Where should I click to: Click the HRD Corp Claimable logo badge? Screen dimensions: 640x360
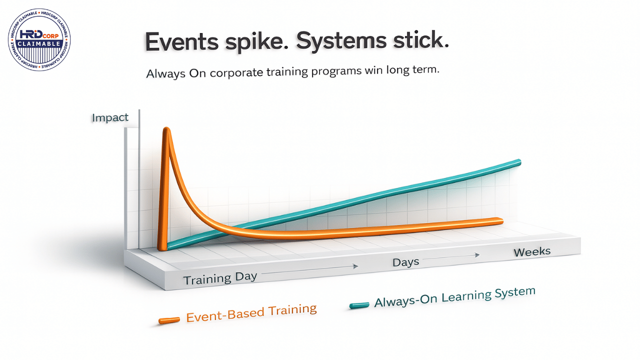pos(39,39)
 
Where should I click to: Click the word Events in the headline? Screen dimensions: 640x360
pos(182,41)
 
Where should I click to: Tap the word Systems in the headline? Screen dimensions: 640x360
pos(341,40)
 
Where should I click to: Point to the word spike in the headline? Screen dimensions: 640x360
pos(256,41)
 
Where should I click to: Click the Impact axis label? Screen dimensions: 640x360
pos(110,117)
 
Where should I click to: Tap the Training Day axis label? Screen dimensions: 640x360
pos(220,278)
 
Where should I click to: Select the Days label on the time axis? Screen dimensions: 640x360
pos(405,262)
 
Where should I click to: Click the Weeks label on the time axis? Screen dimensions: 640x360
pos(532,252)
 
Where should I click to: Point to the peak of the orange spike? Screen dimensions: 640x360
pos(166,128)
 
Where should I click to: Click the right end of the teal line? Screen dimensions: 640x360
pos(519,162)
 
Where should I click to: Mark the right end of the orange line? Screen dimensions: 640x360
pos(501,220)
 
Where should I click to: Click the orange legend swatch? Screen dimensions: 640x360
pos(169,320)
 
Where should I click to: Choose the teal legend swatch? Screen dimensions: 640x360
pos(359,305)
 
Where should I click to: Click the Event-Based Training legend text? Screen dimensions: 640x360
pos(251,313)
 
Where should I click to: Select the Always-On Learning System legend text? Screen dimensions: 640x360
pos(455,297)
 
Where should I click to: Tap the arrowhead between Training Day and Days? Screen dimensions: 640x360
pos(355,266)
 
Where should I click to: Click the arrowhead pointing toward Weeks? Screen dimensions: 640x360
pos(477,255)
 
